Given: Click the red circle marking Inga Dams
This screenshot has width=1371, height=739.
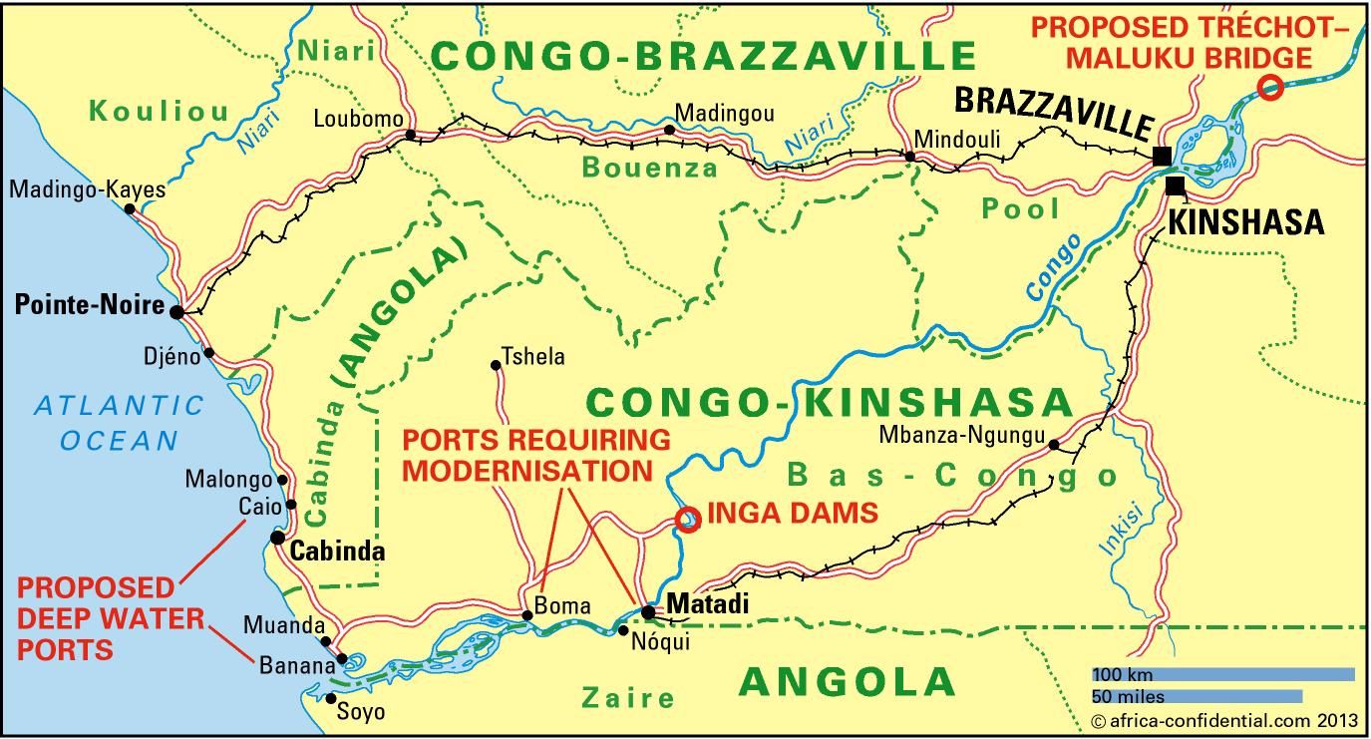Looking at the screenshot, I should pos(687,519).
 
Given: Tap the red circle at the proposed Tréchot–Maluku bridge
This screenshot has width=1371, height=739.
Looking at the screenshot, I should pos(1269,88).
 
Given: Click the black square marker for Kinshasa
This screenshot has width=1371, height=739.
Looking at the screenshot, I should pos(1177,185).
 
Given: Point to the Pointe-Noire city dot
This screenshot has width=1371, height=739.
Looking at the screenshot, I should pos(176,312).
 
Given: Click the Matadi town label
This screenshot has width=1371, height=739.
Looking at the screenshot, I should pos(707,604).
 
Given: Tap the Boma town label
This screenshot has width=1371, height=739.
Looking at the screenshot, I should pos(562,605).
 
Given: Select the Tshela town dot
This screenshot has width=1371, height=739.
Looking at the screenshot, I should pos(496,366).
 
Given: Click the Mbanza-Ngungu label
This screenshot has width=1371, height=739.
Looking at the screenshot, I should pos(961,436).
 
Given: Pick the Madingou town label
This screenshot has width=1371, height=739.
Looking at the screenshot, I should pos(724,113).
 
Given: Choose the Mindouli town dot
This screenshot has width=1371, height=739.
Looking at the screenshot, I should pos(909,157).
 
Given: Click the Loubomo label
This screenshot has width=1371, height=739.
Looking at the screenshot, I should pos(358,120).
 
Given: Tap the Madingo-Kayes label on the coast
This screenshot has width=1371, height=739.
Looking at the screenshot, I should pos(88,188).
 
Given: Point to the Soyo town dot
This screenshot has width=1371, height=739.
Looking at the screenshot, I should pos(331,698).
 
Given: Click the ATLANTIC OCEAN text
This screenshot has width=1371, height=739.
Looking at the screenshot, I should pos(119,422).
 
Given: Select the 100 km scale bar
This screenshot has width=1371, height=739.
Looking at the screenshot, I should pos(1222,675).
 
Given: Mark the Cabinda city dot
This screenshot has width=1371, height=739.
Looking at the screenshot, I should pos(278,538).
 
